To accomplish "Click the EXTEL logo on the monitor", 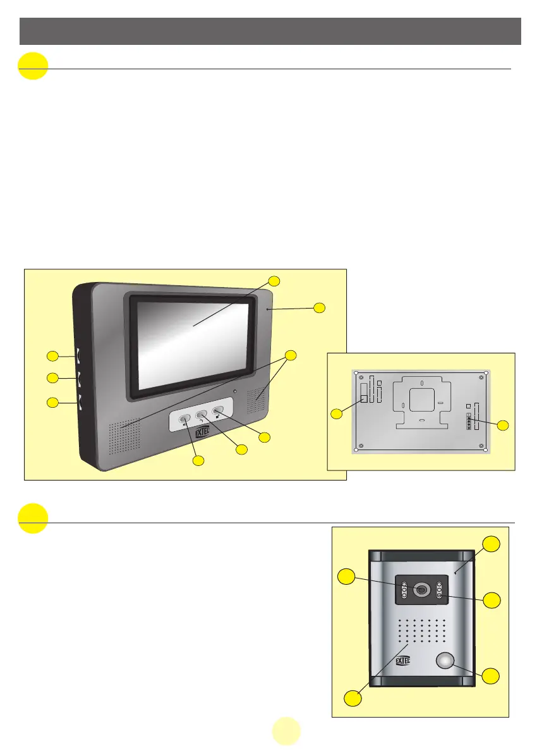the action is (x=201, y=432).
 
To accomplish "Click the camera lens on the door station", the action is (x=421, y=589).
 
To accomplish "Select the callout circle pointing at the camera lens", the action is (x=346, y=576).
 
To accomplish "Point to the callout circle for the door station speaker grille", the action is (x=353, y=698).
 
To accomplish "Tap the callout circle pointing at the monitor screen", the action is (x=273, y=281).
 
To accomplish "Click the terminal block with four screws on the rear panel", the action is (x=468, y=422).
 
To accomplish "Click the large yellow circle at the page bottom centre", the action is (x=286, y=732).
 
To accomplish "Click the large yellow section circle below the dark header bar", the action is (x=33, y=66).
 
